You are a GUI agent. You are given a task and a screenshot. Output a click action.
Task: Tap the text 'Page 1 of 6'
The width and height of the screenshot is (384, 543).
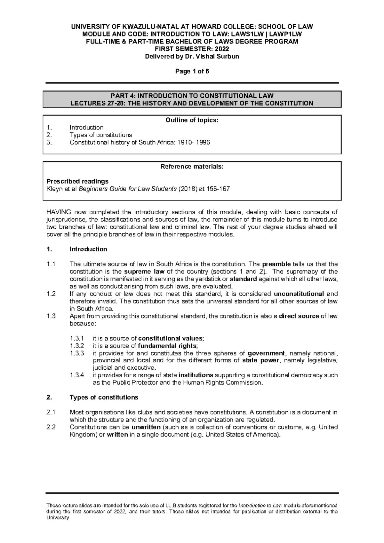(x=192, y=72)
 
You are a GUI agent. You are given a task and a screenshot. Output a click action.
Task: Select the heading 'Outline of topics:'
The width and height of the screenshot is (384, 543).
(x=192, y=120)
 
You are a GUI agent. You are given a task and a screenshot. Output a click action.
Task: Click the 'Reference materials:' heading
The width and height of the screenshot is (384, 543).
(x=192, y=167)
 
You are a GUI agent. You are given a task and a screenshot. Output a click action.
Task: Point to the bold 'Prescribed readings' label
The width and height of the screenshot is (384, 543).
(x=78, y=181)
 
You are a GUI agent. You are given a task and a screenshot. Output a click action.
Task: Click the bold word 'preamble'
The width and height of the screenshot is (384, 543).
(x=276, y=264)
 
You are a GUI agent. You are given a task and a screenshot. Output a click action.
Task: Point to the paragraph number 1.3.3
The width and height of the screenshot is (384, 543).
(x=77, y=353)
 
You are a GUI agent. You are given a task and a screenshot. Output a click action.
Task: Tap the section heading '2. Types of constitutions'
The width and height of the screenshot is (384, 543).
(x=104, y=397)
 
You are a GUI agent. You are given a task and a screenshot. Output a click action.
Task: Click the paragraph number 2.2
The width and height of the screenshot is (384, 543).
(x=51, y=427)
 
